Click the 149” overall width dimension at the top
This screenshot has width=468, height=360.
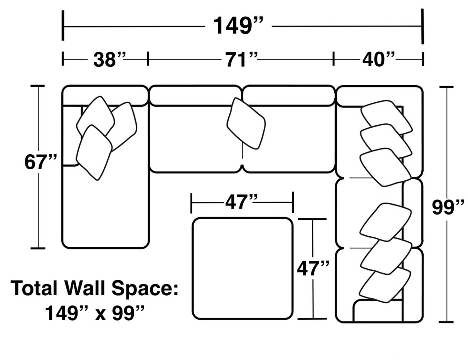(238, 26)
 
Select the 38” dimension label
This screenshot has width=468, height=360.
(109, 60)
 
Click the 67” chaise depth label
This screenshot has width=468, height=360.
(41, 162)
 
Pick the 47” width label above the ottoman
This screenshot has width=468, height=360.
(242, 202)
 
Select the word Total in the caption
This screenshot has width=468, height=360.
(35, 288)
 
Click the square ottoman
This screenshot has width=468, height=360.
(242, 268)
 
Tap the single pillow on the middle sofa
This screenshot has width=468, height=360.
(246, 123)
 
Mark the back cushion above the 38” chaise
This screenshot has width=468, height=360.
(105, 94)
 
